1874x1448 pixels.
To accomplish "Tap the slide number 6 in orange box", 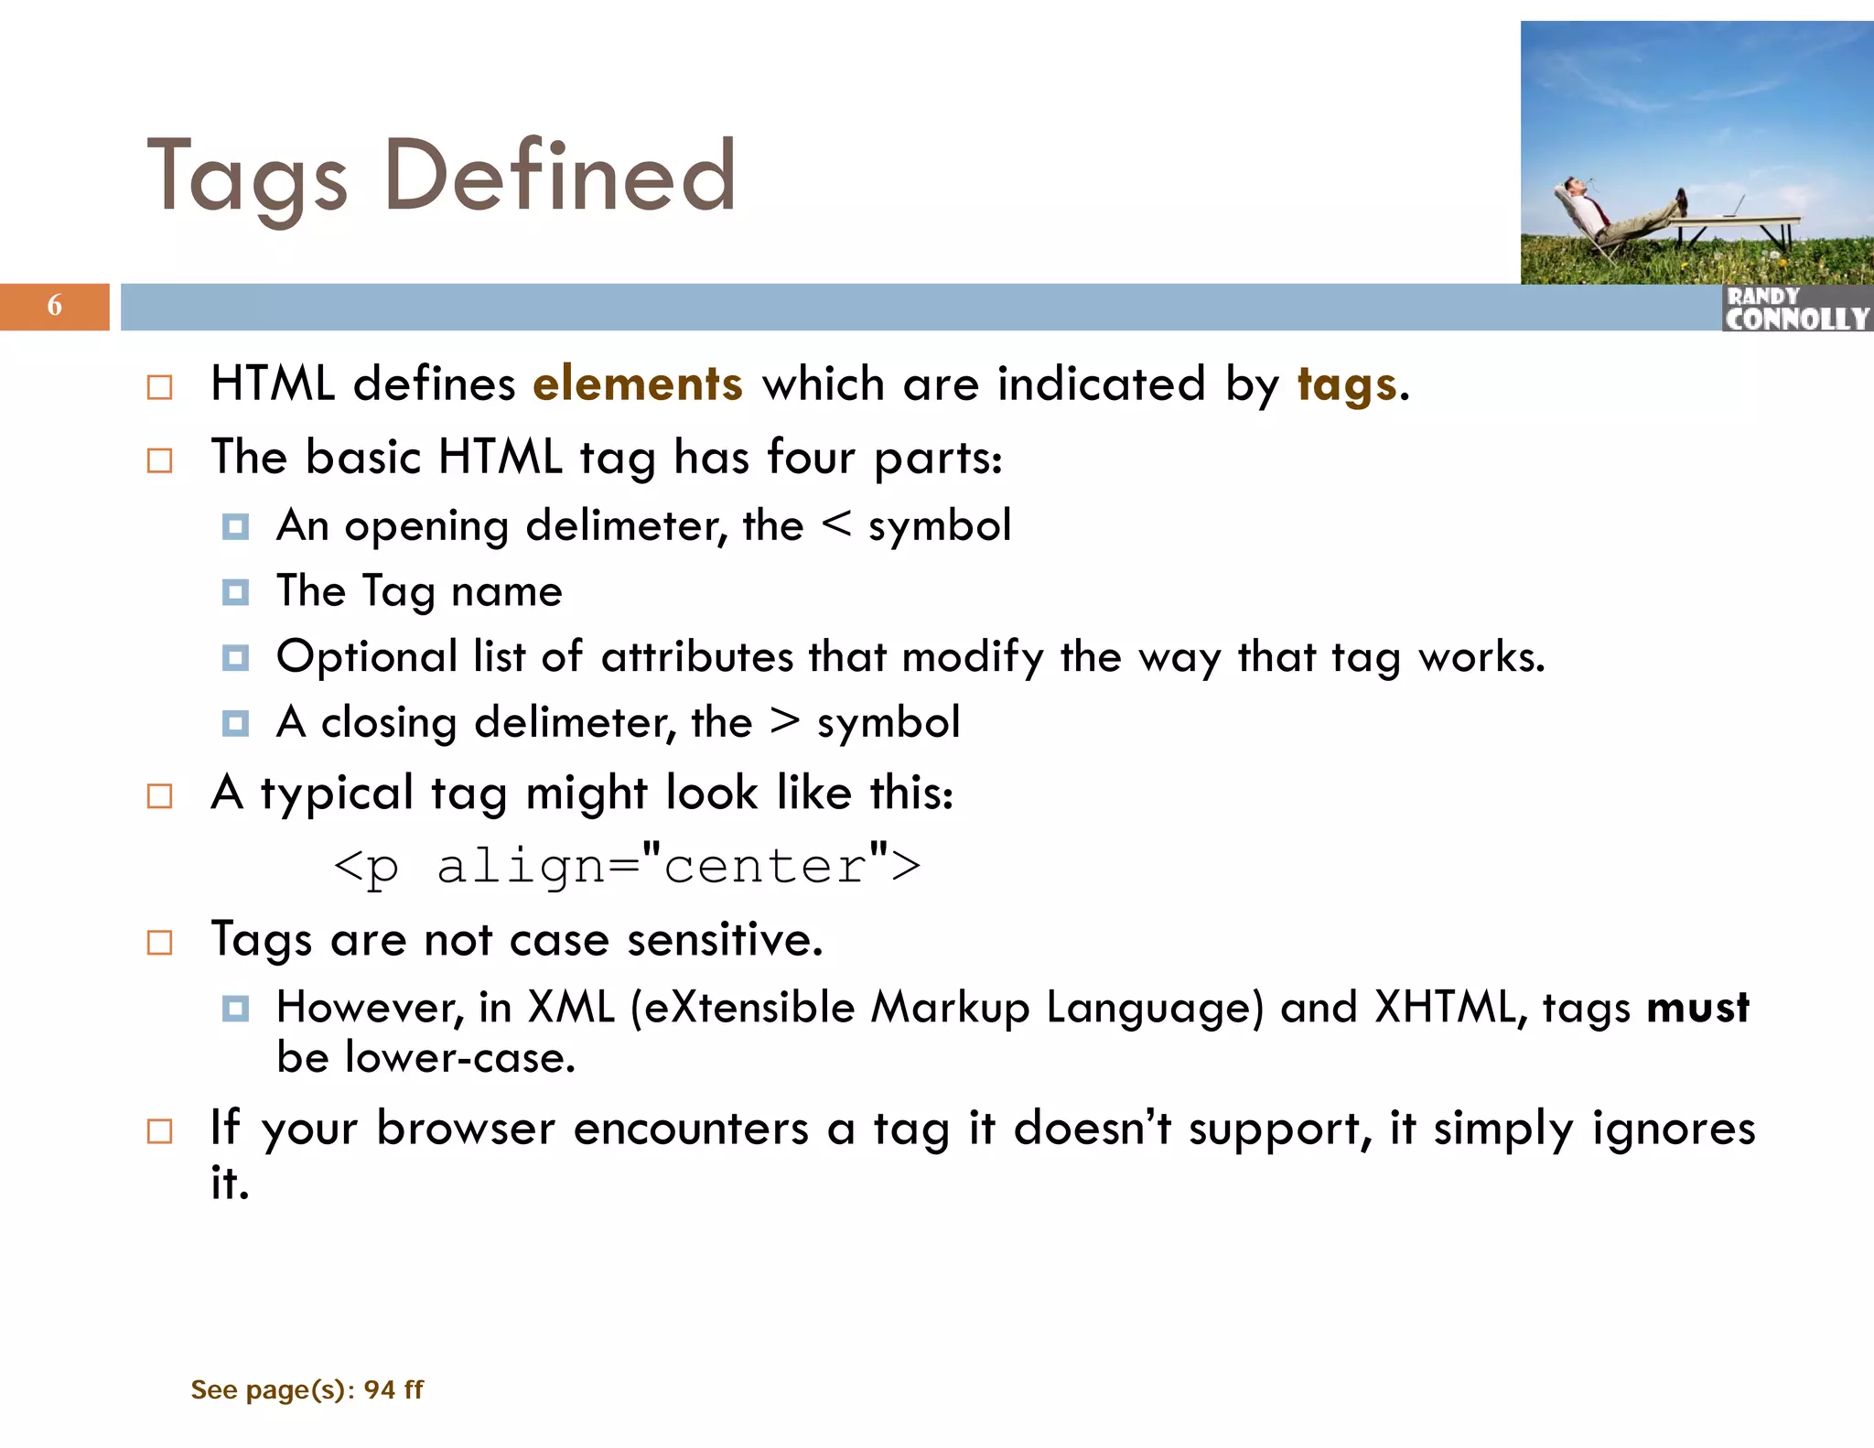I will click(55, 306).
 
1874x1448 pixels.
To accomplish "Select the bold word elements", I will click(637, 384).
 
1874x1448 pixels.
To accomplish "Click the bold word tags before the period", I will click(1346, 384).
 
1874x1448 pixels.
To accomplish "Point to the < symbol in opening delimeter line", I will click(836, 524).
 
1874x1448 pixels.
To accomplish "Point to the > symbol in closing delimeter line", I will click(785, 721).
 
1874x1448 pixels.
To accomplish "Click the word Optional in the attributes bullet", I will click(366, 657).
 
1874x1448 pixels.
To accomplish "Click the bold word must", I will click(1697, 1007).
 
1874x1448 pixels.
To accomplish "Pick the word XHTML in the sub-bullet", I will click(1449, 1007).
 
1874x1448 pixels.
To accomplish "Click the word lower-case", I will click(459, 1058).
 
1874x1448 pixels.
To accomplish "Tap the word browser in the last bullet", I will click(465, 1128).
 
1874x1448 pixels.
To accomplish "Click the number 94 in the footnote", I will click(379, 1389).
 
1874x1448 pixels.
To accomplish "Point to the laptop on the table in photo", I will click(1733, 207).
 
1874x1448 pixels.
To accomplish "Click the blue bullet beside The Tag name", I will click(235, 592).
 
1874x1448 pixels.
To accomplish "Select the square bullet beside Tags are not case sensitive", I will click(159, 942).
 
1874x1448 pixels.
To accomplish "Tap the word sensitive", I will click(725, 939).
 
